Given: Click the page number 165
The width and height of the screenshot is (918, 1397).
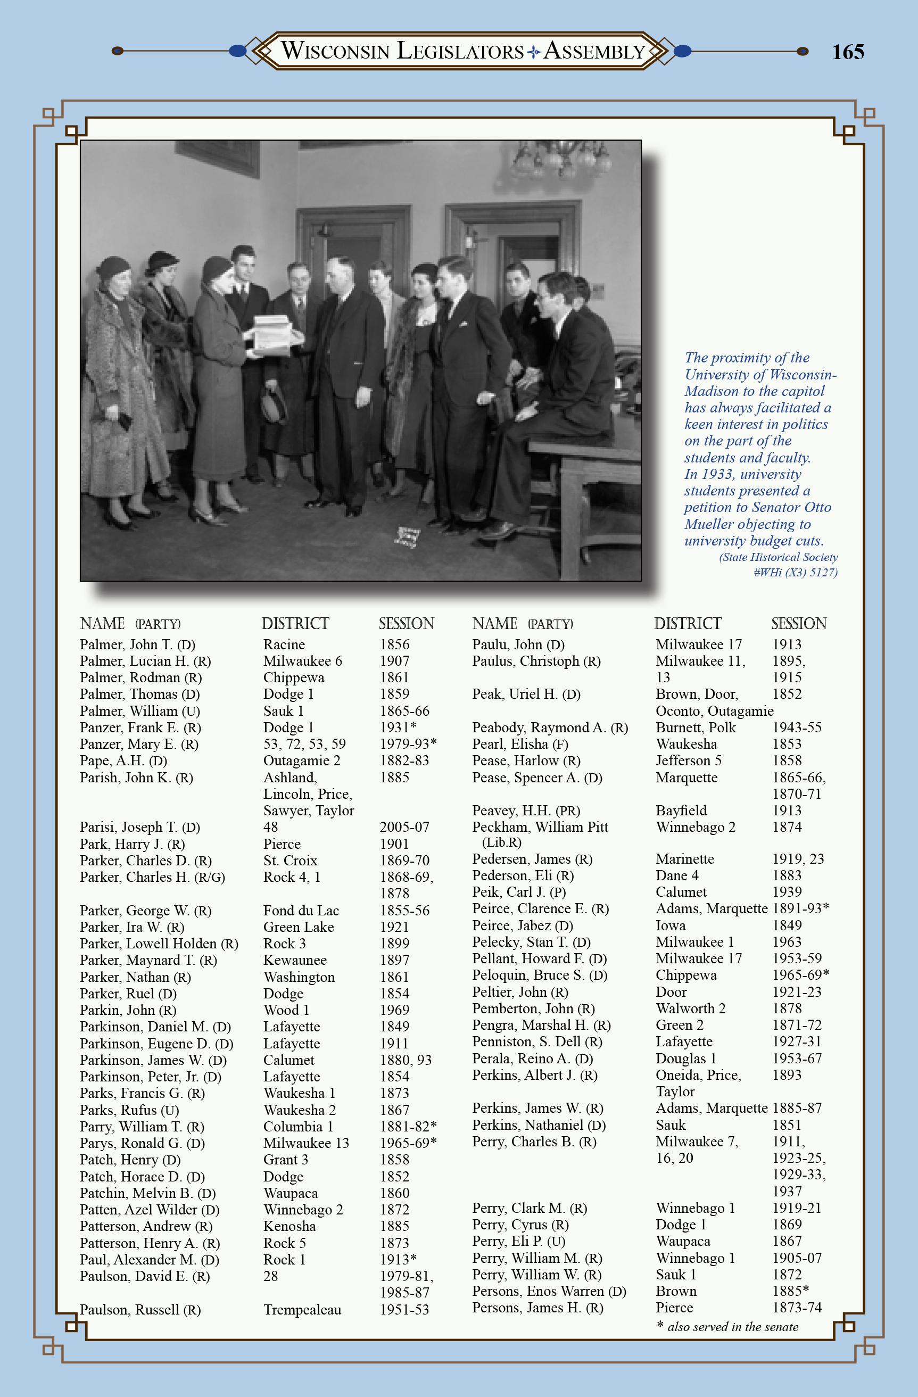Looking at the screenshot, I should [848, 52].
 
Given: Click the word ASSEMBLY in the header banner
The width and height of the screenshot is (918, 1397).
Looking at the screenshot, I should [594, 52].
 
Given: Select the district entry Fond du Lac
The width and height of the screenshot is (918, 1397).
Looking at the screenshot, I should [301, 911].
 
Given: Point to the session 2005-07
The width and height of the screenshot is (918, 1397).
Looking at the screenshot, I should [404, 827].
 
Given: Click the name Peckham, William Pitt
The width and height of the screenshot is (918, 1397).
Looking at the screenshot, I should [540, 827].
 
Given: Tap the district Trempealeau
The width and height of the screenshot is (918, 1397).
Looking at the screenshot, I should [302, 1310].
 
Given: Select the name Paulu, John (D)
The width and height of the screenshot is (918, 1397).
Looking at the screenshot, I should [518, 644].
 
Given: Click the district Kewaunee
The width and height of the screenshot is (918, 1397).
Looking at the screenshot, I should [295, 960].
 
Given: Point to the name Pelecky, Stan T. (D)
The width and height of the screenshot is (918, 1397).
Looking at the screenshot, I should [531, 942].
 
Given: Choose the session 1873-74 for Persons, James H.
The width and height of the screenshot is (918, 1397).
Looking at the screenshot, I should [797, 1308].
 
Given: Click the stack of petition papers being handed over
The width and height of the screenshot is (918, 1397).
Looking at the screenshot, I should [272, 335].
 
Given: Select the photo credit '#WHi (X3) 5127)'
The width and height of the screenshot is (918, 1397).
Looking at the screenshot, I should [795, 572].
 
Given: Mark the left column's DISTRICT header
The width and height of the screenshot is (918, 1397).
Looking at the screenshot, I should [295, 623].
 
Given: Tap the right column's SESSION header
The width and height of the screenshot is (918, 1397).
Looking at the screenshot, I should [798, 623].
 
